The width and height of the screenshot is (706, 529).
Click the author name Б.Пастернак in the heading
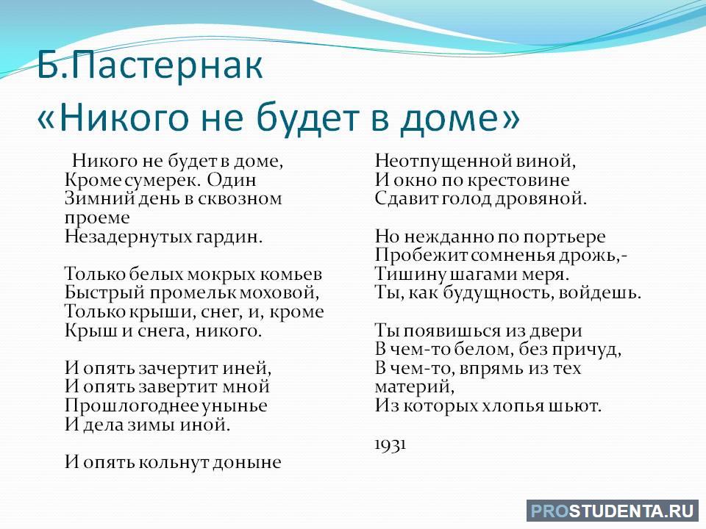coord(149,65)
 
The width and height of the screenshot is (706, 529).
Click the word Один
coord(232,180)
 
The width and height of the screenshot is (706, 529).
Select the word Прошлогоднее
coord(132,406)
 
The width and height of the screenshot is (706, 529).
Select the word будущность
coord(499,294)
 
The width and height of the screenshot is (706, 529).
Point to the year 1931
coord(391,444)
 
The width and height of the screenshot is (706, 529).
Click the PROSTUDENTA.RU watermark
coord(613,511)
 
